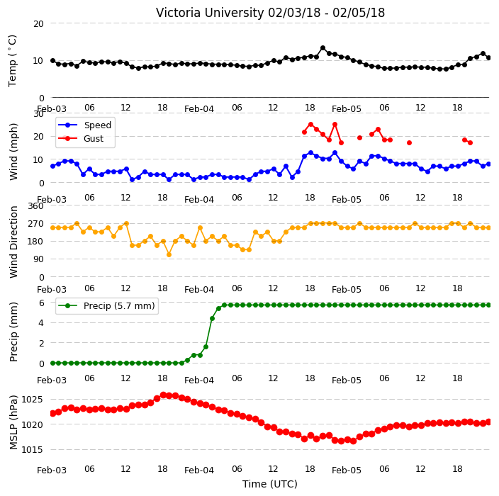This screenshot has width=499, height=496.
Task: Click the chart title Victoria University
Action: [210, 13]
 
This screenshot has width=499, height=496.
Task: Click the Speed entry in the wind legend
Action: [97, 125]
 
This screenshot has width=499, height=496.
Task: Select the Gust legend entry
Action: [94, 139]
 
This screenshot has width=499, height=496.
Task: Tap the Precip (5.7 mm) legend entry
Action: [119, 305]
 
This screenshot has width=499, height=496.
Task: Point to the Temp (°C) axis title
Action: [12, 61]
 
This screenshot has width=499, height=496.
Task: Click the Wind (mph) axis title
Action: [13, 152]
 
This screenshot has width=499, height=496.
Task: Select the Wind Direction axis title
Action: [13, 242]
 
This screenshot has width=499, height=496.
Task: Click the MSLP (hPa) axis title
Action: [13, 422]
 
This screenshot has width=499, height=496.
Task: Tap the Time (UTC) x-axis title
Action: [270, 484]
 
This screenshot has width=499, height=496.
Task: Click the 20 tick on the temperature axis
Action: [38, 24]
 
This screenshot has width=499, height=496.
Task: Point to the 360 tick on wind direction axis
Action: [35, 206]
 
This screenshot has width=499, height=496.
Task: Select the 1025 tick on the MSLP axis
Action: [32, 400]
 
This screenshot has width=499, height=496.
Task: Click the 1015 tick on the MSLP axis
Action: [32, 449]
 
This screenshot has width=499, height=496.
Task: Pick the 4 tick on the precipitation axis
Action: [41, 323]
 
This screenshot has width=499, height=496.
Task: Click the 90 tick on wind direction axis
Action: [38, 259]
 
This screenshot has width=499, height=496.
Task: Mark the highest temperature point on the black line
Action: [323, 48]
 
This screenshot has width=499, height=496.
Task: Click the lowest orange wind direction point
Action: [169, 254]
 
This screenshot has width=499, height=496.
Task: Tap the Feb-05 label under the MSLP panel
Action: [347, 470]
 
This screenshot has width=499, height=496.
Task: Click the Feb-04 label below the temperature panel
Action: [199, 109]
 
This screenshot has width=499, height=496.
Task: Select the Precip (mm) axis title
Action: [13, 332]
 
